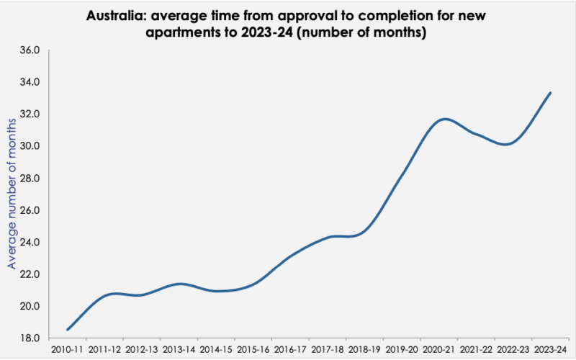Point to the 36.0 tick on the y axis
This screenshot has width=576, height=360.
35,50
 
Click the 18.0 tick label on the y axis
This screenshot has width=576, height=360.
35,338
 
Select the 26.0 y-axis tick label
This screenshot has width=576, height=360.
35,210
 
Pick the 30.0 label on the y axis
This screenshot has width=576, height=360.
35,146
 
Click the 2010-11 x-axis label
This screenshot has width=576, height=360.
68,350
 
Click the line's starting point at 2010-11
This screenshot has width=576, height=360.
68,330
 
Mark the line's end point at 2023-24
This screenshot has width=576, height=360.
550,93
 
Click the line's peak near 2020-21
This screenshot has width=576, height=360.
446,119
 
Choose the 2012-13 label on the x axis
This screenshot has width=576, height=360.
142,350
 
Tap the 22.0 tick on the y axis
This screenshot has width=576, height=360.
35,274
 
